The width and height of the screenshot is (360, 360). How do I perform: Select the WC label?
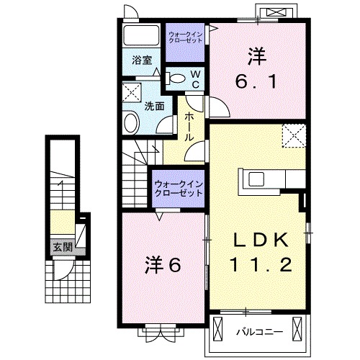(194, 78)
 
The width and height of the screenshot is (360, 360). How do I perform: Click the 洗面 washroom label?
(155, 106)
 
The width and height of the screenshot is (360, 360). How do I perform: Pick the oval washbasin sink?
(131, 122)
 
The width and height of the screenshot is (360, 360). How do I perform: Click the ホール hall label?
(189, 126)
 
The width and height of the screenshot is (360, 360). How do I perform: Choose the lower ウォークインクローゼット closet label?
(178, 189)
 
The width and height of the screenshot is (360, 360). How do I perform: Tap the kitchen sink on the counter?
(256, 178)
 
